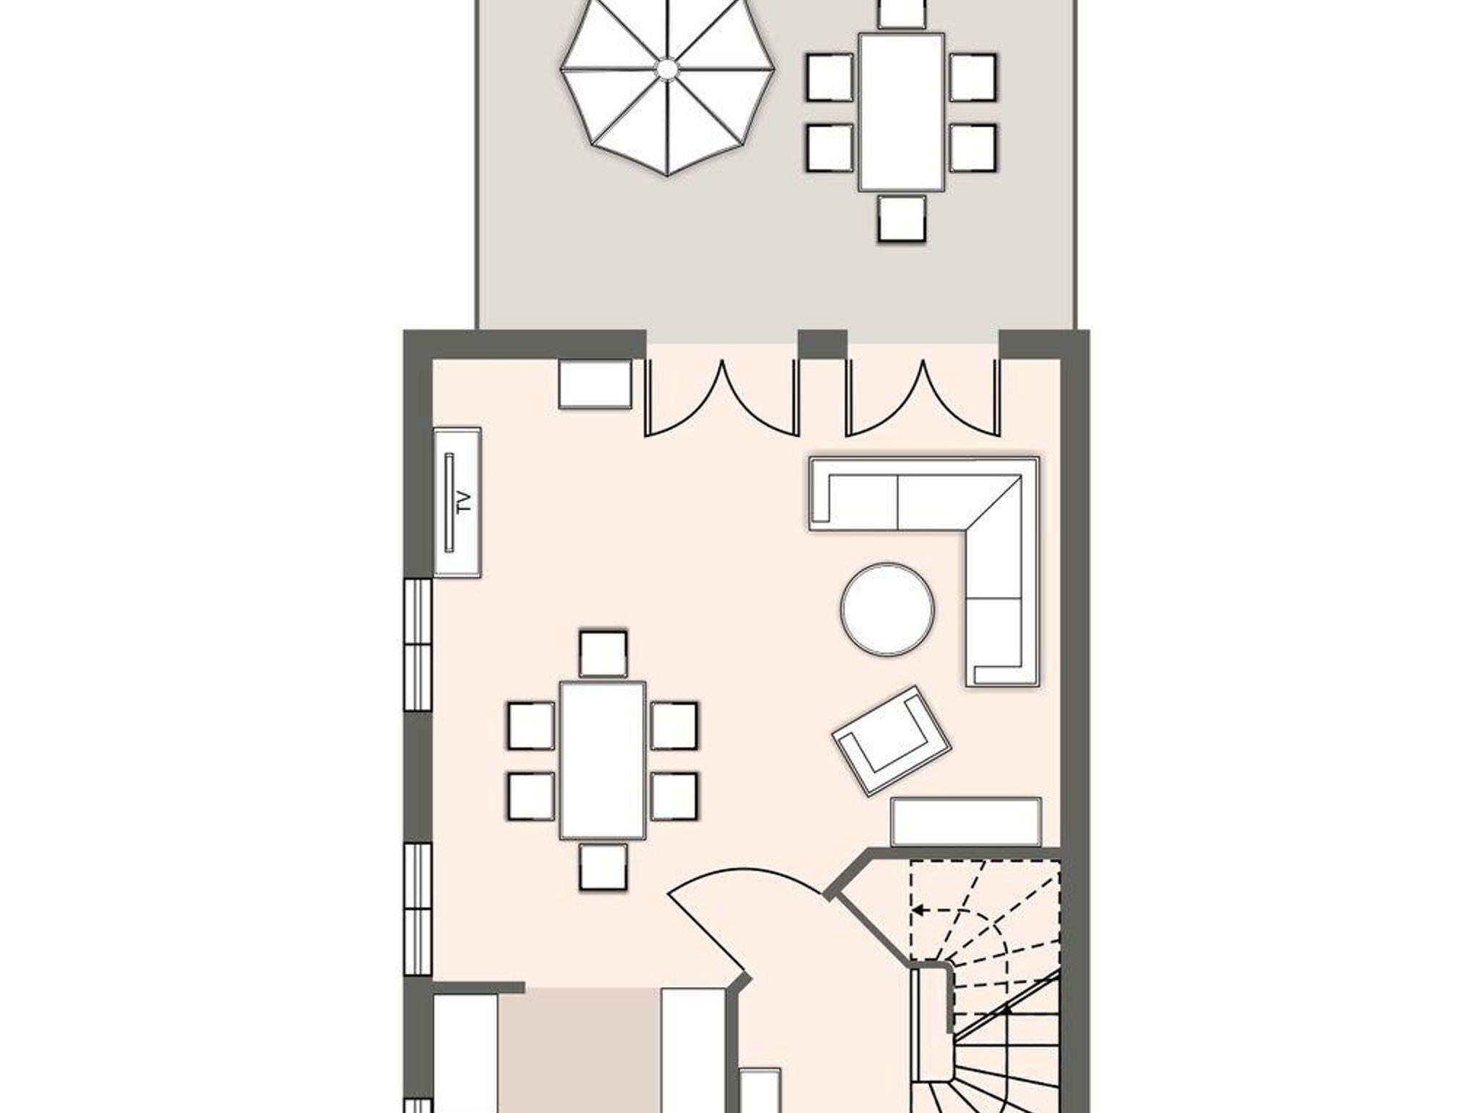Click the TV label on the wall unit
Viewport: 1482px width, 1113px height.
(465, 502)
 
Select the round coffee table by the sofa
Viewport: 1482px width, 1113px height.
(887, 609)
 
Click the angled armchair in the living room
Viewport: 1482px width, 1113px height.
(891, 740)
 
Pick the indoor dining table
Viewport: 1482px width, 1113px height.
(603, 761)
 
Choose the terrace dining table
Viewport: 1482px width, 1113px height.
(902, 112)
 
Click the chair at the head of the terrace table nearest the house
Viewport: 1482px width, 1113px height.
(902, 218)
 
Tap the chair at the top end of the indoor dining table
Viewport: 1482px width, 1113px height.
(603, 654)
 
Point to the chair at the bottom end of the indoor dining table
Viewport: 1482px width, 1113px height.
(603, 867)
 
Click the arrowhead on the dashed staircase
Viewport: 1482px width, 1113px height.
(918, 910)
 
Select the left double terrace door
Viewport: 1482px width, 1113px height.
(722, 397)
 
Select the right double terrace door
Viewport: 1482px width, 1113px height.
(923, 397)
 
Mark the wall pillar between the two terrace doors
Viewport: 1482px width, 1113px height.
(823, 344)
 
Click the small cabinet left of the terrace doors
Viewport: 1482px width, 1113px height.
(595, 384)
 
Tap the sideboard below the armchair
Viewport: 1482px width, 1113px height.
(966, 821)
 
